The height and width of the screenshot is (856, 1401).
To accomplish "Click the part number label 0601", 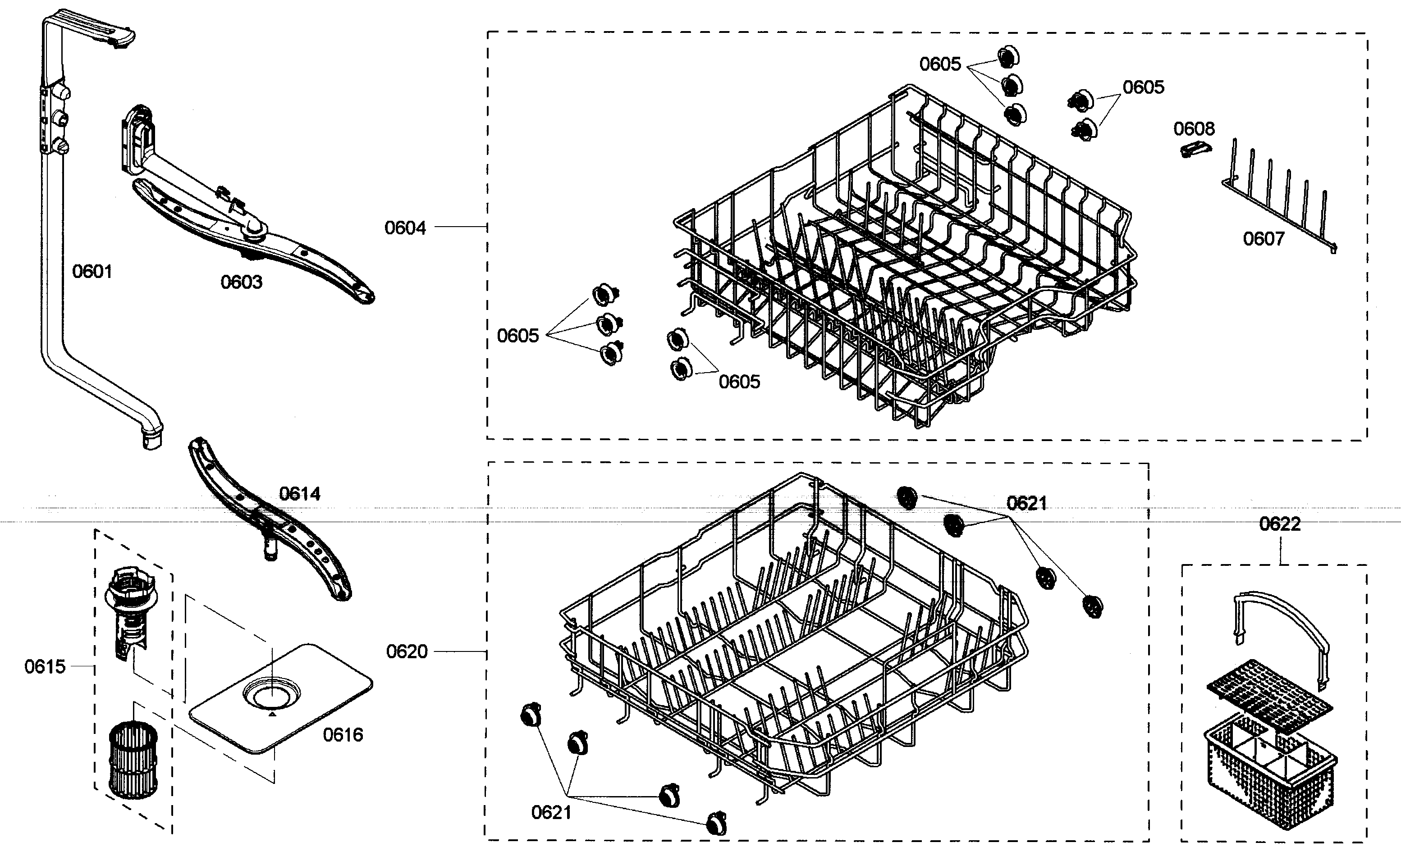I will (x=92, y=272).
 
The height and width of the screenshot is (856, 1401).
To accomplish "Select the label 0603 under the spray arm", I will (x=241, y=282).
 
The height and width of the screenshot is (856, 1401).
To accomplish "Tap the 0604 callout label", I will (x=405, y=228).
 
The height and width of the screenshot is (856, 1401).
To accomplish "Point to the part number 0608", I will (x=1194, y=129).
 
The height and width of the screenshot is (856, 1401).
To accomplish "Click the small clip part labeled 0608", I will (x=1195, y=150).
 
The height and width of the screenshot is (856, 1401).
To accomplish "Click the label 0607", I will (x=1264, y=239).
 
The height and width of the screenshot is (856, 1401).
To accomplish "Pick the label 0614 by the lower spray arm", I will (x=300, y=494).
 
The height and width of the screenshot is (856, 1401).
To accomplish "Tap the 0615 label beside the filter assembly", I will (x=45, y=666).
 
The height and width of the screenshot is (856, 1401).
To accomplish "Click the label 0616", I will (x=343, y=735).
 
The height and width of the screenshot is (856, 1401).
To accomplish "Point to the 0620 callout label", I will (x=407, y=651).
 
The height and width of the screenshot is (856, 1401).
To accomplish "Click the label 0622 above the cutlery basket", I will (x=1280, y=524).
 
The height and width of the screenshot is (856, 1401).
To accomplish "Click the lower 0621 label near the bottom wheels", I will (x=551, y=812).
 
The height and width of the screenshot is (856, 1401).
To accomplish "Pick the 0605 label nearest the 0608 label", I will (x=1144, y=87).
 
